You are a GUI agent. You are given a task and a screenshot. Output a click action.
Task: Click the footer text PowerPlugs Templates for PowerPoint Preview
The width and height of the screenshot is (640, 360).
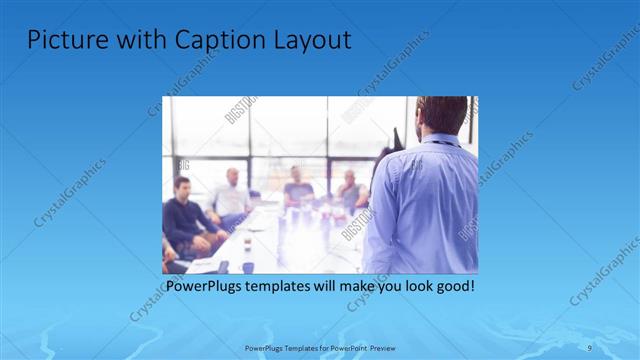pos(320,347)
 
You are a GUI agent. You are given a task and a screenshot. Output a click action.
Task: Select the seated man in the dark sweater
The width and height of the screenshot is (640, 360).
pos(184,214)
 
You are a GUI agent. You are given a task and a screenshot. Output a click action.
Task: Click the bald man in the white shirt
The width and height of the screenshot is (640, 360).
pos(231,195)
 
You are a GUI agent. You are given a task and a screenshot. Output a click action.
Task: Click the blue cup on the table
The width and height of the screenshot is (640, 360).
pos(248,267)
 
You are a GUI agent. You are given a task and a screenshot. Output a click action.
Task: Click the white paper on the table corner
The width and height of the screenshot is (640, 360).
pos(200,265)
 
